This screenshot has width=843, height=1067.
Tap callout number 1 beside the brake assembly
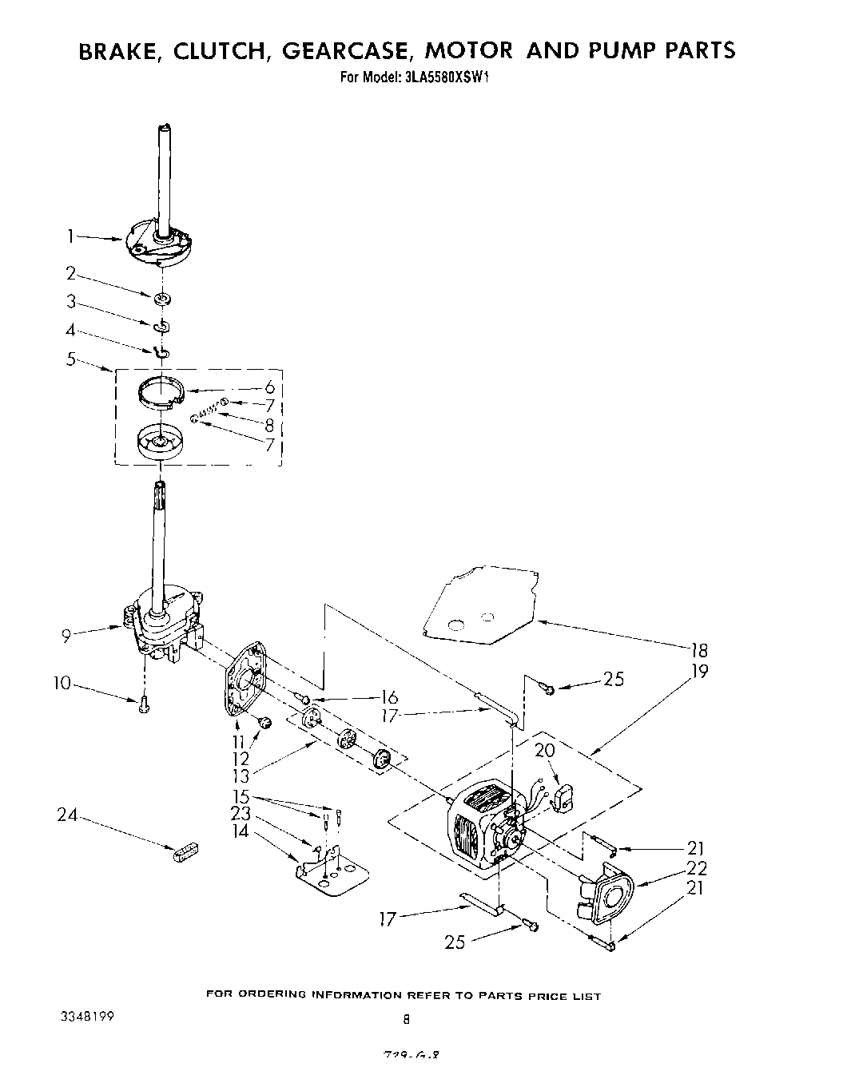click(70, 236)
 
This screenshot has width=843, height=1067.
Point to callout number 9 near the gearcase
click(66, 636)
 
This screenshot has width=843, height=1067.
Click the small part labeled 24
click(184, 851)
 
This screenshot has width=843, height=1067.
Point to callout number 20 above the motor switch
click(545, 752)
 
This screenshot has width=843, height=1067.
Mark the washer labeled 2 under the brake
click(163, 299)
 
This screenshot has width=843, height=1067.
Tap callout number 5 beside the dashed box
click(71, 359)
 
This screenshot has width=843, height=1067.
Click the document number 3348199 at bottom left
click(87, 1017)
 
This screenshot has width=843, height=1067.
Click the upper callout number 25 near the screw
click(613, 680)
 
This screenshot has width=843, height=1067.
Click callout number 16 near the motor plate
click(388, 696)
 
